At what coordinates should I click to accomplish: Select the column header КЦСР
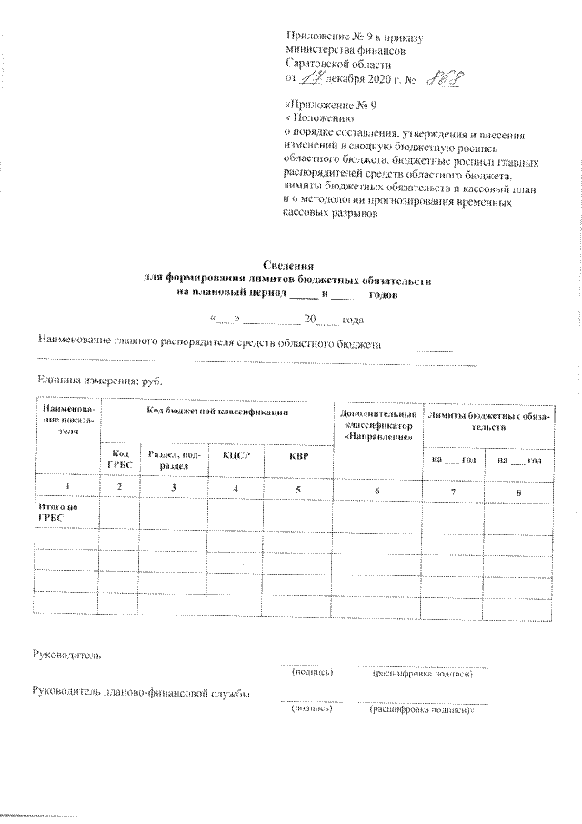pos(236,454)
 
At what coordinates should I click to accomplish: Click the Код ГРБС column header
pos(119,459)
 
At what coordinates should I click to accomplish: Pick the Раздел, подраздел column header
pos(173,459)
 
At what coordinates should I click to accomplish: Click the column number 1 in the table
pos(65,489)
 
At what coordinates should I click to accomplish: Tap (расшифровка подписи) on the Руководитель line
pos(422,674)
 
